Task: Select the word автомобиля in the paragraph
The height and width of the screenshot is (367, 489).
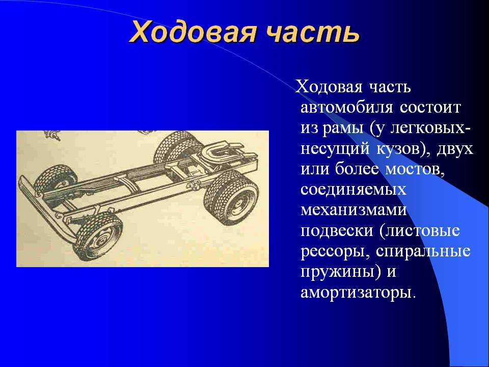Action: [346, 108]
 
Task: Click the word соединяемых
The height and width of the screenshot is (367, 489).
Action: [354, 190]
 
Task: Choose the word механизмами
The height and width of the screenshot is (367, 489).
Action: [354, 210]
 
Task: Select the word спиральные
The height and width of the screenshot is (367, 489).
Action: [423, 252]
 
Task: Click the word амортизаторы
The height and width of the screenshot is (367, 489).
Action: [358, 293]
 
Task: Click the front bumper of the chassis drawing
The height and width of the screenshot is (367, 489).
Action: [47, 208]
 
